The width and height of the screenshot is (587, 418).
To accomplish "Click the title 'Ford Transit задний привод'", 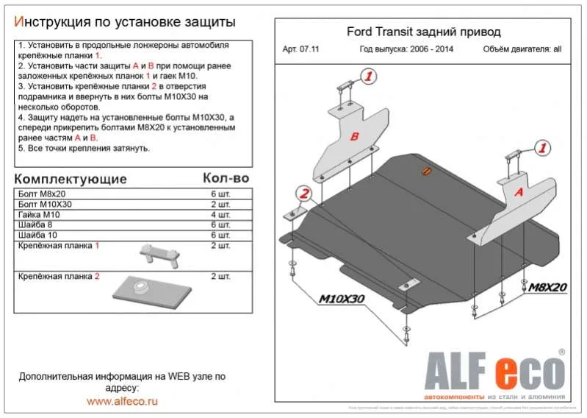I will pos(423,32).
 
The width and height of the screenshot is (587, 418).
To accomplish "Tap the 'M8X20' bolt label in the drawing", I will pos(545,288).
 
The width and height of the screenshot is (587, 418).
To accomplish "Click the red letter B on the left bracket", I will pos(354,137).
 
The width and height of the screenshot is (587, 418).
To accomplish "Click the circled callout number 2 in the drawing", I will pos(303,194).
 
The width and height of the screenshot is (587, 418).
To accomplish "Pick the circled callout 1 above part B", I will pos(368,77).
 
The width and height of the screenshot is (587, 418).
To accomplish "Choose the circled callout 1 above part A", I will pos(542,148).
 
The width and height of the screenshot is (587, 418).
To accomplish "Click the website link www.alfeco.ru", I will pos(122,402).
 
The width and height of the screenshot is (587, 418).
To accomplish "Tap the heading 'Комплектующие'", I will pos(71,180).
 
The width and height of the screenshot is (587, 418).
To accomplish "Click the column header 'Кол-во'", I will pos(226,179).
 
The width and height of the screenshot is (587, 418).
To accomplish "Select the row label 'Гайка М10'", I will pos(37,214).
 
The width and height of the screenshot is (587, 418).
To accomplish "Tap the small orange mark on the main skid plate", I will pos(425,172).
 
